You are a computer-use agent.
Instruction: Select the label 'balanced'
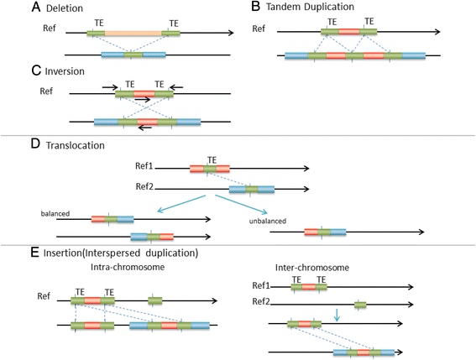57,214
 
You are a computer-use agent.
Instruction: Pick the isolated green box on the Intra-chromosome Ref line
155,299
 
